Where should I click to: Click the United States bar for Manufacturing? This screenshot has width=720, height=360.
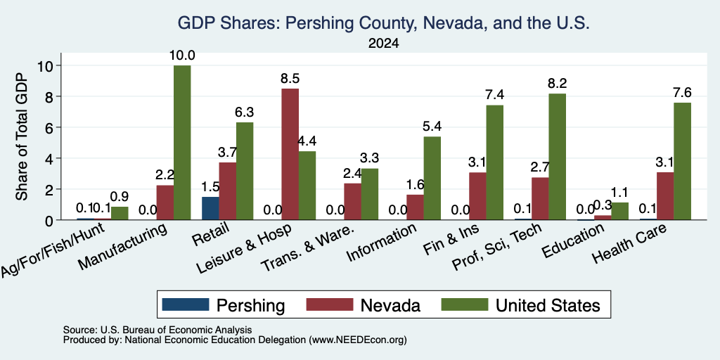click(x=182, y=143)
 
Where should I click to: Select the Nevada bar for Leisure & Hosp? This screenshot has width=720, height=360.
click(x=290, y=154)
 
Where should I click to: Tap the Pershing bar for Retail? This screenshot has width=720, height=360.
click(x=210, y=208)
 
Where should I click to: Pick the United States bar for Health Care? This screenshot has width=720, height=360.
click(x=682, y=161)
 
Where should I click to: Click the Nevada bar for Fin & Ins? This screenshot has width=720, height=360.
click(x=477, y=196)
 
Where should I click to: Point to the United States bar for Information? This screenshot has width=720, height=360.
click(x=432, y=178)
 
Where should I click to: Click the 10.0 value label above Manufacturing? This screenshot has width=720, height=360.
click(x=182, y=56)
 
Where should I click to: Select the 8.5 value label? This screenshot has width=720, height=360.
click(x=290, y=79)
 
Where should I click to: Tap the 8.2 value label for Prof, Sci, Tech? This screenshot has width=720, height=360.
click(x=557, y=84)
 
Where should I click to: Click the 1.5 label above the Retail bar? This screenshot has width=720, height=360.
click(x=210, y=187)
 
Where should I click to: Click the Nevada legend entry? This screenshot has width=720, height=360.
click(x=364, y=305)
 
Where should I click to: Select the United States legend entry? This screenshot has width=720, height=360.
click(x=521, y=305)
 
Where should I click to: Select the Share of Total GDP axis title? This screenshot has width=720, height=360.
click(x=22, y=136)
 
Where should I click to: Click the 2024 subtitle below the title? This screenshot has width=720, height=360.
click(x=383, y=44)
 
